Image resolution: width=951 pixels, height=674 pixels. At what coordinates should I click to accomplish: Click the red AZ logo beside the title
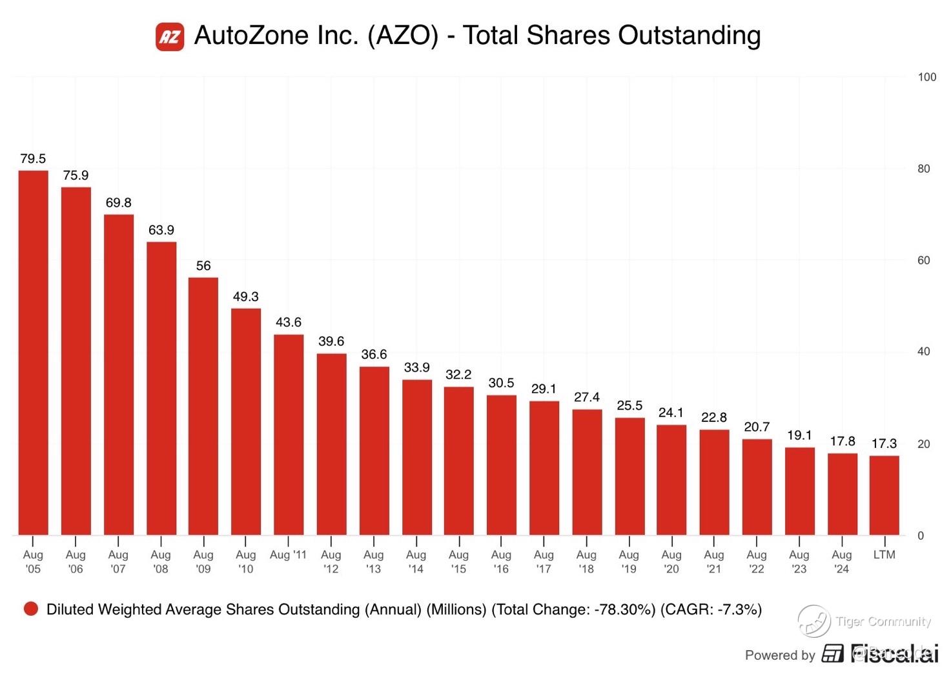click(x=170, y=36)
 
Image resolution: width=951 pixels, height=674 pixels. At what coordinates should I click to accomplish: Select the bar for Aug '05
click(x=33, y=352)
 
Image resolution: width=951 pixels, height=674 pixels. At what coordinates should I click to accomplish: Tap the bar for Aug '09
click(x=203, y=406)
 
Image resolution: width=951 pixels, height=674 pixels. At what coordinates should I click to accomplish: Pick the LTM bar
click(x=884, y=495)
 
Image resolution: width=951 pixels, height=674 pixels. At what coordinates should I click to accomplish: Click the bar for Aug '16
click(x=501, y=465)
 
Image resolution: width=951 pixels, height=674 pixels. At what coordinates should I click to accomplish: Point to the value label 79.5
click(x=33, y=158)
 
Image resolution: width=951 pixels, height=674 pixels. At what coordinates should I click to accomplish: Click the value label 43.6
click(x=288, y=322)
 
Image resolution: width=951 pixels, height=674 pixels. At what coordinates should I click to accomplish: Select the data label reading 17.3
click(x=884, y=443)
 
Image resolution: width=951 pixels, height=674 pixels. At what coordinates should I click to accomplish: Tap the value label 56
click(x=203, y=266)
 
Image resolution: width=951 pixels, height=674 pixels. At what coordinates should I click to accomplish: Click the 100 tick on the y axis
click(x=926, y=77)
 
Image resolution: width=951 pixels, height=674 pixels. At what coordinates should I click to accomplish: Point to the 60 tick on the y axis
click(x=924, y=260)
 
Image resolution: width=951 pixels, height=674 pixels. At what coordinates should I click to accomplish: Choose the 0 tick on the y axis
click(x=921, y=535)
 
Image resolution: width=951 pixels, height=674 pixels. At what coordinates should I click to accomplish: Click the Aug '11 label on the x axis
click(x=288, y=554)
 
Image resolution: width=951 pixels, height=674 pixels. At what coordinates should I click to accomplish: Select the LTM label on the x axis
click(x=884, y=554)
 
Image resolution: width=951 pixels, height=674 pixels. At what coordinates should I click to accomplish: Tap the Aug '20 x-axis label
click(x=671, y=562)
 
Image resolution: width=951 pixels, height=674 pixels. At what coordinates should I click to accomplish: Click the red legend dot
click(x=30, y=609)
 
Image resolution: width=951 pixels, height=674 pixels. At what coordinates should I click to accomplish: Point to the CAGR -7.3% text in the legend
click(x=711, y=609)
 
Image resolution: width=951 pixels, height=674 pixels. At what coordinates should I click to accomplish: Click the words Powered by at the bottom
click(x=780, y=655)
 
